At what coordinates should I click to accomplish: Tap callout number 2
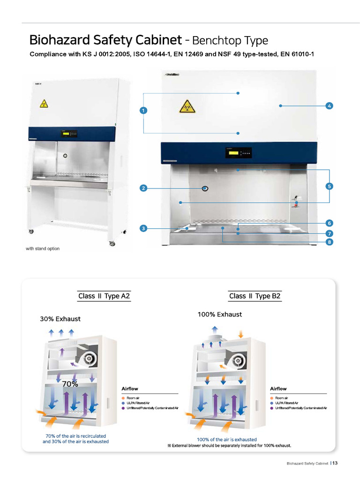click(143, 188)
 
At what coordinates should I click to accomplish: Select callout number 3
click(143, 228)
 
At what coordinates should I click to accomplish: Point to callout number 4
click(330, 106)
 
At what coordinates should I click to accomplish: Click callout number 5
click(330, 186)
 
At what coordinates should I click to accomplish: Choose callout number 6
click(330, 223)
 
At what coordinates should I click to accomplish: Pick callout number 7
click(330, 233)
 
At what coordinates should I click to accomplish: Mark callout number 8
click(330, 242)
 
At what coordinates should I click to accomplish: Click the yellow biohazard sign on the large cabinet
click(186, 107)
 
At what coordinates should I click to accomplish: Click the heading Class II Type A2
click(104, 296)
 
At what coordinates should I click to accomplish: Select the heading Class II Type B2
click(255, 296)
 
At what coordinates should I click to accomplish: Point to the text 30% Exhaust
click(60, 319)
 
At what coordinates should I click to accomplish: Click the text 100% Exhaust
click(220, 314)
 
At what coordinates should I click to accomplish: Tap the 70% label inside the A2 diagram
click(70, 383)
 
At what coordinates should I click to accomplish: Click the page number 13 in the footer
click(335, 463)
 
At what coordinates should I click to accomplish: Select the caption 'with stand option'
click(43, 248)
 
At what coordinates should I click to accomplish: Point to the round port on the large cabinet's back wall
click(205, 188)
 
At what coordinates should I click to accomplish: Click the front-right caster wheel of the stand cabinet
click(112, 244)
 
